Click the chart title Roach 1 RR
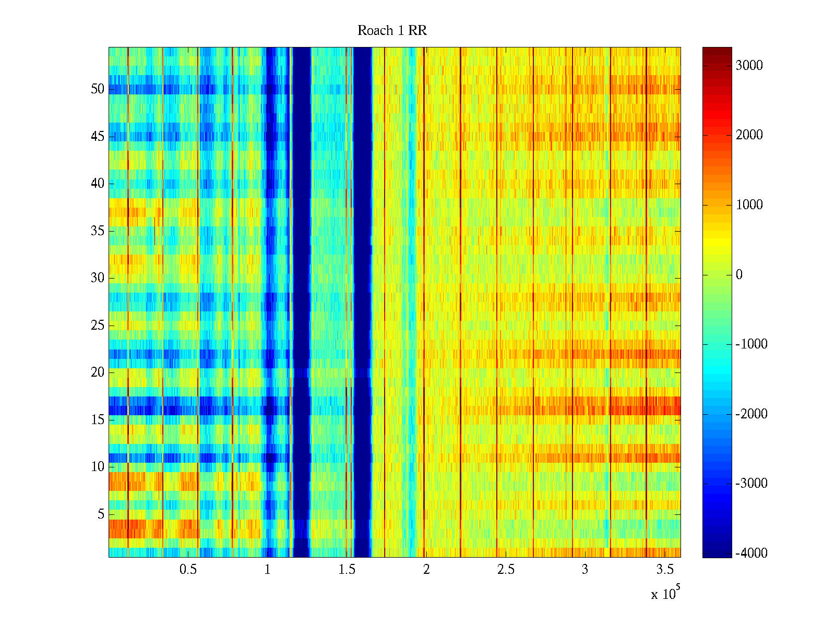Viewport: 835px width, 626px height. tap(392, 31)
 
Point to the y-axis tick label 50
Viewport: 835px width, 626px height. tap(98, 89)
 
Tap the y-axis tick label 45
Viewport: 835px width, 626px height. tap(98, 137)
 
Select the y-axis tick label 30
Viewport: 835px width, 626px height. tap(98, 278)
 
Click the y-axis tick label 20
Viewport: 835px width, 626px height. tap(98, 372)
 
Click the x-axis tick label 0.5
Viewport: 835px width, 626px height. tap(188, 570)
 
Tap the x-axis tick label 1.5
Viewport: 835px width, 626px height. tap(347, 570)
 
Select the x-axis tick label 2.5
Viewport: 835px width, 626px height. tap(505, 570)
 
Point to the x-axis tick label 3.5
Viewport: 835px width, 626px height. tap(664, 570)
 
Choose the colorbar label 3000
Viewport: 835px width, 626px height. tap(749, 65)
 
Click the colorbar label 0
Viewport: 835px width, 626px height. tap(739, 275)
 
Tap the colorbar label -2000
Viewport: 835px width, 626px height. tap(751, 414)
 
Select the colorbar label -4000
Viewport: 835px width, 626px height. tap(751, 553)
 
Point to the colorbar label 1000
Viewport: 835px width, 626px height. tap(749, 205)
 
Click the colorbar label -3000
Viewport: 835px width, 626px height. tap(751, 484)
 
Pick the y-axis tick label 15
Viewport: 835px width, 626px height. tap(98, 420)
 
